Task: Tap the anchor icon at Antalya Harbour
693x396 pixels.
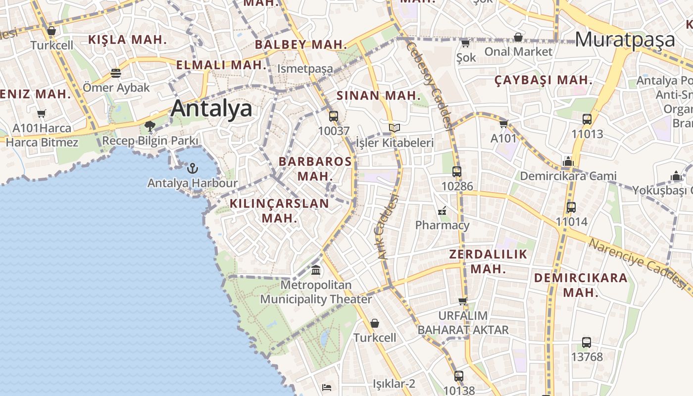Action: (x=192, y=169)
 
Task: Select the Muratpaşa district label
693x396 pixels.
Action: (x=625, y=40)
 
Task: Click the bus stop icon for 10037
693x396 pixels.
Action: (x=334, y=116)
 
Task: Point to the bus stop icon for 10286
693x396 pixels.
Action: (x=457, y=172)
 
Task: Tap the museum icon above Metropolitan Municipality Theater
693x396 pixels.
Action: (x=316, y=270)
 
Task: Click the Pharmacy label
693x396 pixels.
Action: (x=442, y=225)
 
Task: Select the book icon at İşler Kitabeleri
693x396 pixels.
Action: (x=395, y=128)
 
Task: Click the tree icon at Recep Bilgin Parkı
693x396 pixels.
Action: (x=150, y=127)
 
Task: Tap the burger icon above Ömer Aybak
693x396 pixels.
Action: (x=116, y=73)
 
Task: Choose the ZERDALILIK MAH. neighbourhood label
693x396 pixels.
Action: (x=488, y=262)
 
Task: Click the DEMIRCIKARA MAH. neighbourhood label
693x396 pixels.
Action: (x=581, y=285)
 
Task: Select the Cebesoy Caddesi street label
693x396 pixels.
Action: (x=429, y=84)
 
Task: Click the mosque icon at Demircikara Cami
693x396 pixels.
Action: (x=568, y=161)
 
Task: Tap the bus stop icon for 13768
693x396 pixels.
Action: (x=587, y=342)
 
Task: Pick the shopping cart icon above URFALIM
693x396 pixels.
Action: (x=463, y=301)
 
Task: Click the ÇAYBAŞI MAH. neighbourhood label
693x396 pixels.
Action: (x=544, y=80)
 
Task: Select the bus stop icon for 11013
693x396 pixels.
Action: (x=587, y=119)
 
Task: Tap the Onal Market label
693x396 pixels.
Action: (x=518, y=51)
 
